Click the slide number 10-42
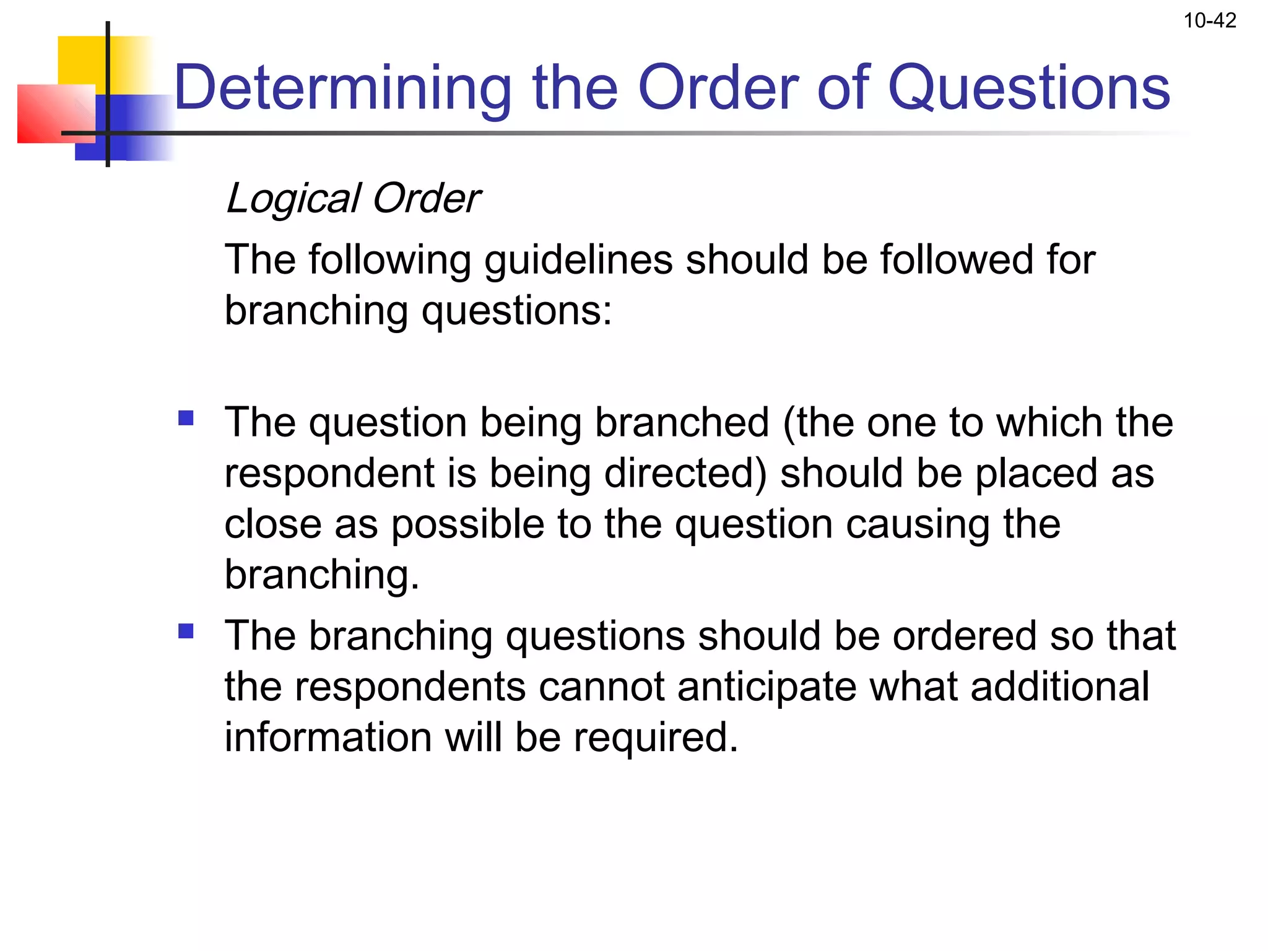[1209, 21]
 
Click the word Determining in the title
[342, 88]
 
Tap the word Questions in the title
[1028, 88]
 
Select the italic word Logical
[293, 199]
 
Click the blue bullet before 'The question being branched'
[186, 419]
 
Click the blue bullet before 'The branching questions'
[186, 631]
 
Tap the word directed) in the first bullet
[685, 474]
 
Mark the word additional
[1059, 687]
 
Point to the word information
[328, 737]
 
